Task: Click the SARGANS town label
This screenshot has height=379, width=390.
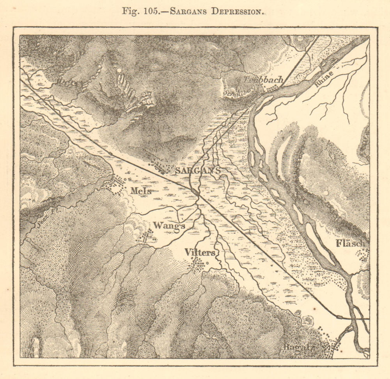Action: pyautogui.click(x=198, y=170)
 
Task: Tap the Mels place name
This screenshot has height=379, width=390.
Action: pyautogui.click(x=141, y=191)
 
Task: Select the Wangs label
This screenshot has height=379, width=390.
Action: pyautogui.click(x=169, y=225)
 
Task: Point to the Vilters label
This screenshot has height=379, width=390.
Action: pyautogui.click(x=200, y=252)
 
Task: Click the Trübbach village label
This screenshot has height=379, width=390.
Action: pyautogui.click(x=263, y=79)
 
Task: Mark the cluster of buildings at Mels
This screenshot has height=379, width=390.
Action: pyautogui.click(x=116, y=185)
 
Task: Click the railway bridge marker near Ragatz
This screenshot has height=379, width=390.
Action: pyautogui.click(x=346, y=318)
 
